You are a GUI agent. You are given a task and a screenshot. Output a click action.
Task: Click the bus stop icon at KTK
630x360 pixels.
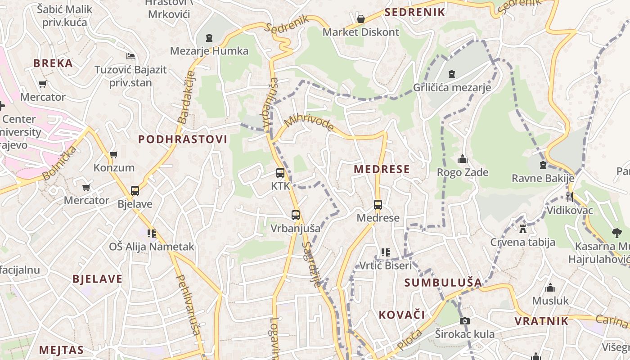(280, 173)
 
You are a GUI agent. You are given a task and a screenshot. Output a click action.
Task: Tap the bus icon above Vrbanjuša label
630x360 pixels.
(295, 215)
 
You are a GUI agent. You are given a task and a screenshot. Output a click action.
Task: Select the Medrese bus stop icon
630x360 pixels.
(378, 205)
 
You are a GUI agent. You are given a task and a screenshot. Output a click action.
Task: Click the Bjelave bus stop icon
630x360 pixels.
(135, 190)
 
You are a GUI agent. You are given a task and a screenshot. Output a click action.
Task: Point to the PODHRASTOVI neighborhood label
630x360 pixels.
(183, 139)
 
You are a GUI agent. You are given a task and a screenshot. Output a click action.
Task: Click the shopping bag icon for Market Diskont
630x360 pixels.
(360, 19)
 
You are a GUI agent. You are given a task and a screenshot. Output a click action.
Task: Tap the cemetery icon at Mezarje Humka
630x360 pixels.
(209, 38)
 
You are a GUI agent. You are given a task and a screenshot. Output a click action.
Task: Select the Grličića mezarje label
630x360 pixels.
(452, 87)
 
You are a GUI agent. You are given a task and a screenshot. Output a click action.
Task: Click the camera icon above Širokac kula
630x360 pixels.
(464, 321)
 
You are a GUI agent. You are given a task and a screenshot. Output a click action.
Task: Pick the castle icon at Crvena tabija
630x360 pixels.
(522, 229)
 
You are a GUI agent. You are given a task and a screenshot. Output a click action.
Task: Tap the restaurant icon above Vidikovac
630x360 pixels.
(570, 197)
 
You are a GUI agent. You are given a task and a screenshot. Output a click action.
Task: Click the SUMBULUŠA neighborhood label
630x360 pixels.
(443, 283)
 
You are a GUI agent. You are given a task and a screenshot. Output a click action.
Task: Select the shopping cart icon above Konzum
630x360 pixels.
(113, 154)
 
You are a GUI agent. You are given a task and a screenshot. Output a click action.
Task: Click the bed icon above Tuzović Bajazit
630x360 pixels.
(130, 56)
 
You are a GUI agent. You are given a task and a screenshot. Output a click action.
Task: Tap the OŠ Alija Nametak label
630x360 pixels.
(152, 247)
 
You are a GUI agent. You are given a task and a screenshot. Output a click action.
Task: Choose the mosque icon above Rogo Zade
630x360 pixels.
(462, 159)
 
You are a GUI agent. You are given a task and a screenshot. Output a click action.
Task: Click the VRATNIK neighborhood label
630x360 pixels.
(541, 321)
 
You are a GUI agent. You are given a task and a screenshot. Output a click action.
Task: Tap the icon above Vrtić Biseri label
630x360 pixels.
(385, 252)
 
